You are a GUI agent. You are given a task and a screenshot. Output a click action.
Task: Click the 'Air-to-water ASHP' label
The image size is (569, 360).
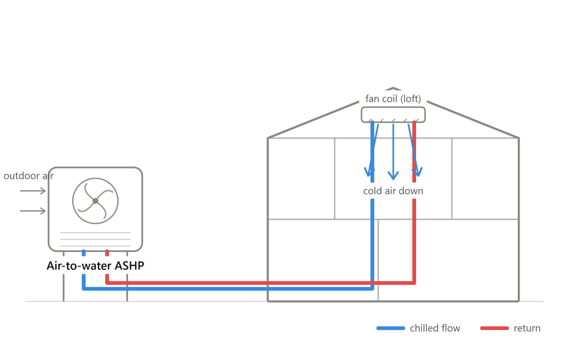tap(96, 265)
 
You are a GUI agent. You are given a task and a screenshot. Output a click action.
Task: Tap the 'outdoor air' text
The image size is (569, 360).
tap(28, 176)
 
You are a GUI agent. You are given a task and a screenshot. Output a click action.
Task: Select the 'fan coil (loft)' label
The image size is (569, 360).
tap(393, 98)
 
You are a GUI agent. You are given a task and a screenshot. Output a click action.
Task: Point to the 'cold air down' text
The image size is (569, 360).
tap(393, 191)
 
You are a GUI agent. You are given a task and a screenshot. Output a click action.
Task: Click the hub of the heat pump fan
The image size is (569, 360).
tap(96, 201)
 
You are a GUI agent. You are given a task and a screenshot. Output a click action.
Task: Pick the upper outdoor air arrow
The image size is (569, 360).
tap(33, 191)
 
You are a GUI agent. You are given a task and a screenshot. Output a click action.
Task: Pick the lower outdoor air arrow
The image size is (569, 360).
tap(33, 211)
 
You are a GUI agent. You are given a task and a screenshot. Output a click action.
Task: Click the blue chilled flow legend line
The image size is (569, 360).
tap(390, 328)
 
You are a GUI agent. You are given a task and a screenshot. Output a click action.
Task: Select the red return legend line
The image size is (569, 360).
tap(494, 328)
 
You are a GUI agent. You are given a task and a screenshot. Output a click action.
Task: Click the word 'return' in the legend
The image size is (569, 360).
tap(527, 328)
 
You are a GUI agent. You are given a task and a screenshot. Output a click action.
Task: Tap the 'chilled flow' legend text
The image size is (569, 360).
tap(435, 328)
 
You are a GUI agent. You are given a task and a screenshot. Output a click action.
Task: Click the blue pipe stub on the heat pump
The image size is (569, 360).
tap(84, 253)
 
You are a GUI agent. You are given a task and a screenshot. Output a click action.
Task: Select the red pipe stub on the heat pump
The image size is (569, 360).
tap(107, 253)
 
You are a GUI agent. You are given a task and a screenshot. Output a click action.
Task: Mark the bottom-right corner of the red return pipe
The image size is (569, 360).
tap(414, 283)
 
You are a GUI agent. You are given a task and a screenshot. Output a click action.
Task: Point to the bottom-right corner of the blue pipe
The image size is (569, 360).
tap(372, 289)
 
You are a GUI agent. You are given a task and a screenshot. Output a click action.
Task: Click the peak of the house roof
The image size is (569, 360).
tap(393, 88)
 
